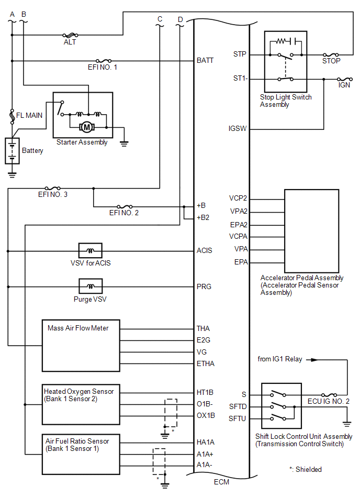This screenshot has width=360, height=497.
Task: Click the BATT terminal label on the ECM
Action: [x=205, y=60]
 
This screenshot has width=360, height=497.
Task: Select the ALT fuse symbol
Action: [x=70, y=35]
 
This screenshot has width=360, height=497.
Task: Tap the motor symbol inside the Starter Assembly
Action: [x=86, y=127]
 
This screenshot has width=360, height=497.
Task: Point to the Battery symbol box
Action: [x=12, y=151]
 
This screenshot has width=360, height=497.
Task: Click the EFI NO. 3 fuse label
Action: [x=52, y=195]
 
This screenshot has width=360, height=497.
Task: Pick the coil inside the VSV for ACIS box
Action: [x=91, y=251]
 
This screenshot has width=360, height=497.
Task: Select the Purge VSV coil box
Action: [x=91, y=286]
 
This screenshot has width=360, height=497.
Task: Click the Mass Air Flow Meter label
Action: [x=78, y=328]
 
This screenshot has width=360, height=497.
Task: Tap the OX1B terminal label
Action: [x=206, y=415]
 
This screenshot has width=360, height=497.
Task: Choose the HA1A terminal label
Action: [x=206, y=442]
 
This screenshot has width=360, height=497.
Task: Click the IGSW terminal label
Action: [x=238, y=128]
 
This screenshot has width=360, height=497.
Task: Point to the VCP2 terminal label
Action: [x=238, y=198]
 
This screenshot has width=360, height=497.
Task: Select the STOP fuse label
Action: [x=331, y=61]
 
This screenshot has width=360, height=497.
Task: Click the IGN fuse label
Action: [x=344, y=85]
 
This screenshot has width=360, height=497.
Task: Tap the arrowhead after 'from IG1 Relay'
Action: [x=313, y=360]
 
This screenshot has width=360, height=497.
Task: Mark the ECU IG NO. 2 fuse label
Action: [x=328, y=402]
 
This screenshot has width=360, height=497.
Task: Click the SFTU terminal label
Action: [x=237, y=419]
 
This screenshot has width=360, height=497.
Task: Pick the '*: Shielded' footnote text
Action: [x=305, y=469]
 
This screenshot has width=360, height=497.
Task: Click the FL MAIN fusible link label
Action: [x=29, y=115]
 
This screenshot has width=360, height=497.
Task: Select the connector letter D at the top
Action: [x=180, y=20]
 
